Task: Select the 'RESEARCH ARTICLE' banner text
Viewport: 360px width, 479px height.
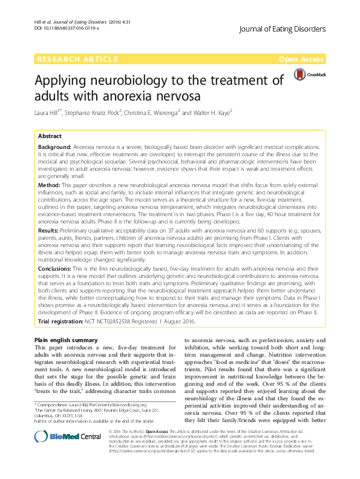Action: click(x=77, y=59)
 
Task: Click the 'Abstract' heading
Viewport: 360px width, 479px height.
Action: click(x=50, y=136)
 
